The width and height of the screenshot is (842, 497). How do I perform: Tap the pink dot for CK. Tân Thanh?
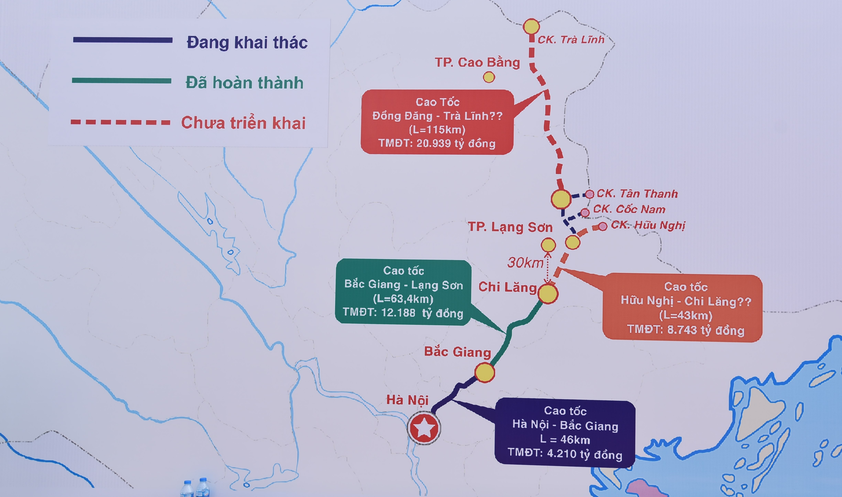pos(589,194)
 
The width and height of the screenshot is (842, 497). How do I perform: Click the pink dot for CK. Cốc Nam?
pos(585,212)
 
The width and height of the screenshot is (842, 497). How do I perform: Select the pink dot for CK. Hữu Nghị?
pos(602,226)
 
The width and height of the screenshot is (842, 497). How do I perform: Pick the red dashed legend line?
pos(121,122)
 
